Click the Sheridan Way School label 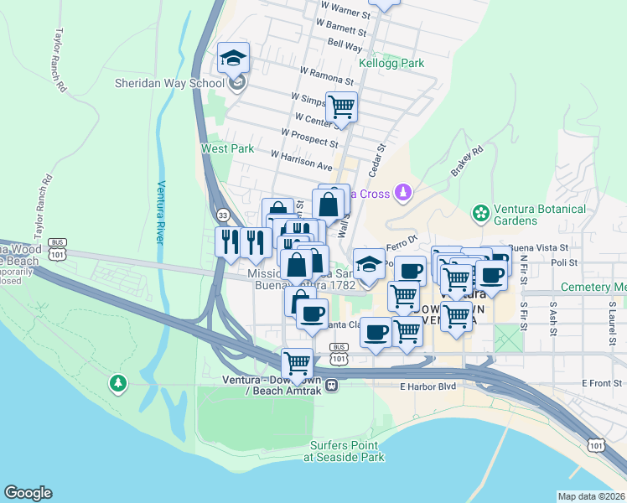[169, 83]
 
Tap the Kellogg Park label [391, 63]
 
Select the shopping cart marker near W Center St [342, 107]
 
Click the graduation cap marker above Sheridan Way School [233, 58]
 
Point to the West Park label [227, 148]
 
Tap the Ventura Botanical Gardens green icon [481, 214]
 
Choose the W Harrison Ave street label [301, 158]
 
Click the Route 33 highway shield [223, 215]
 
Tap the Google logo [28, 493]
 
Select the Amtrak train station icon [332, 386]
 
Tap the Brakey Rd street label [468, 161]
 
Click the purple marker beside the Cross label [404, 194]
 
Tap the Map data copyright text [590, 496]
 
